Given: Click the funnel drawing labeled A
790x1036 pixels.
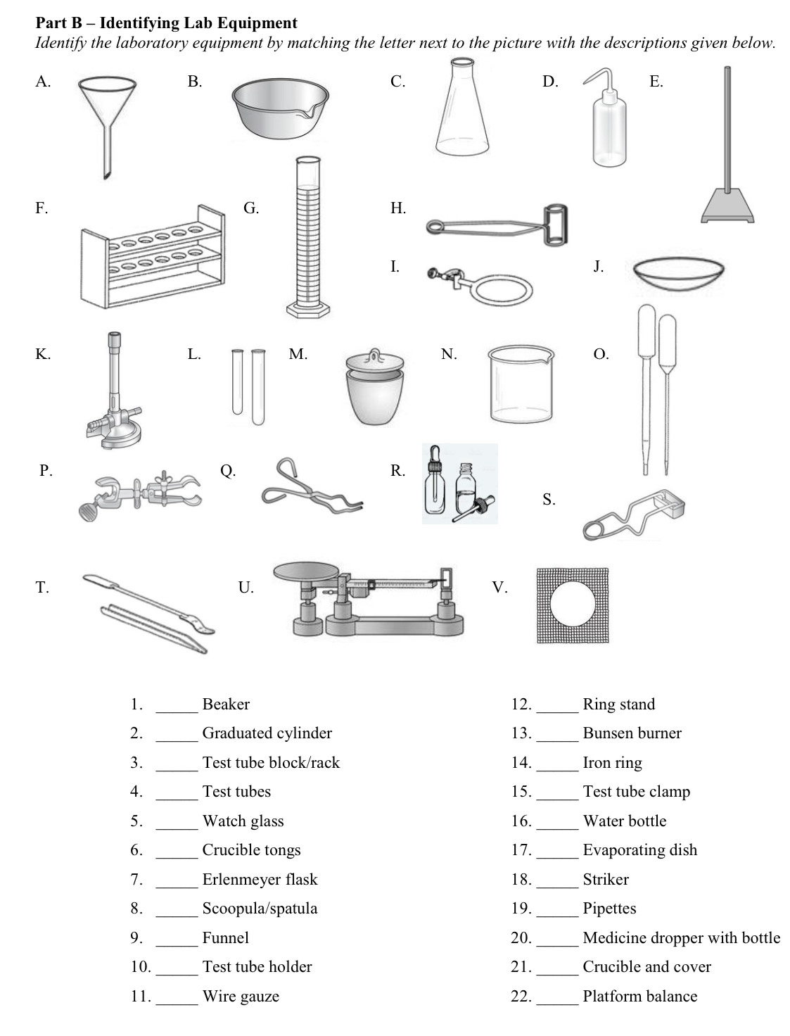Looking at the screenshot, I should point(108,106).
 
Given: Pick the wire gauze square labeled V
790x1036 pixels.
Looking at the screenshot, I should point(573,605).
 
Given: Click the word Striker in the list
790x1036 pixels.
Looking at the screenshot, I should point(606,879).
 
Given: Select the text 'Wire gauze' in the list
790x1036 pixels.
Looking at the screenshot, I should point(241,996).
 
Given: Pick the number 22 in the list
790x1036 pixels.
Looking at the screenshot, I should point(521,996).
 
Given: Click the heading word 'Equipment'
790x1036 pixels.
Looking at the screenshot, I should point(262,23).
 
